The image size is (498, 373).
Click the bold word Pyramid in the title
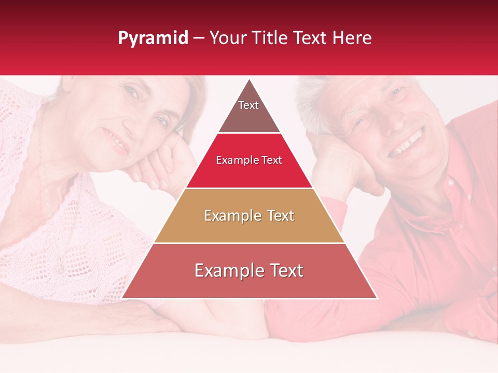click(153, 38)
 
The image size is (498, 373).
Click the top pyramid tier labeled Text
click(249, 111)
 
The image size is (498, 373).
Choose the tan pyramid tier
click(249, 216)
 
